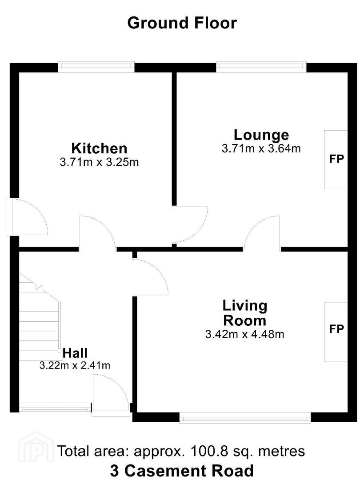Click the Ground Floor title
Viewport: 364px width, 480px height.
pos(182,23)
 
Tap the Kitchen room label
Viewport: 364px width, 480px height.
pos(99,148)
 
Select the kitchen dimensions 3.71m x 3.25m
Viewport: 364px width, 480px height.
pos(99,162)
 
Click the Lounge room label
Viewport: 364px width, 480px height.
pos(261,135)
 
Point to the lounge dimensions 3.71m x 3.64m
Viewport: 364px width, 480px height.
pos(261,149)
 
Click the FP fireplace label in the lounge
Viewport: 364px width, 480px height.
pos(336,159)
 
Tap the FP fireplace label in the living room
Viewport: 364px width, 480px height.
pos(336,329)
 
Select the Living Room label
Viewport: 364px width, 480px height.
pos(244,313)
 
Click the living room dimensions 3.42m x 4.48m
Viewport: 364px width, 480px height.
pos(244,334)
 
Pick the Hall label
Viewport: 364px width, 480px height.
pos(75,353)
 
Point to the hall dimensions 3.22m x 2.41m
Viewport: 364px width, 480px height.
pos(75,365)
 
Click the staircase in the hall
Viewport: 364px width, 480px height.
pos(40,317)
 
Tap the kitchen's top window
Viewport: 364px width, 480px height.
pos(96,67)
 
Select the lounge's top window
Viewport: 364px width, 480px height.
pos(261,67)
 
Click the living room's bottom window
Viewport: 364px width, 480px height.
pos(245,417)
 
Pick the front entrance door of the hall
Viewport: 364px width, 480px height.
pos(110,396)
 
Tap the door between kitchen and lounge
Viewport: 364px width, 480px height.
pos(190,225)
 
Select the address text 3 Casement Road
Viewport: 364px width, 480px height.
pos(182,471)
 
